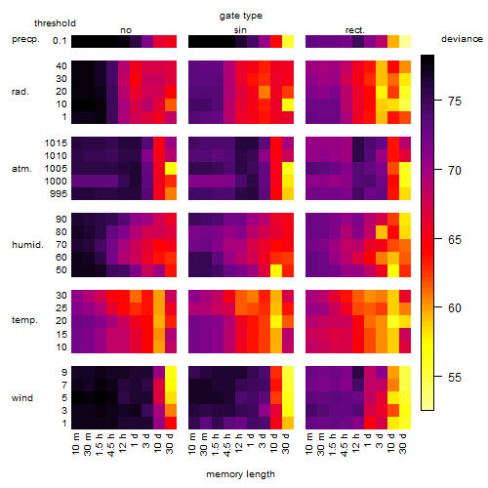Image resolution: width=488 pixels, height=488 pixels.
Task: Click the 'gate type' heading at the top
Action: click(241, 16)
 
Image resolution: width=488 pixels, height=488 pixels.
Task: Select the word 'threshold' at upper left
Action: click(55, 23)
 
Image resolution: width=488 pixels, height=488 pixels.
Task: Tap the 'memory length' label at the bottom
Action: click(240, 474)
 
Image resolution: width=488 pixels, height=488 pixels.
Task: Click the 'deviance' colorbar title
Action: click(462, 39)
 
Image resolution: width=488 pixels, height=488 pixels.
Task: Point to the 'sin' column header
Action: click(240, 30)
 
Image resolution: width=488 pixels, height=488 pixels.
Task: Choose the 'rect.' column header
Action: click(354, 30)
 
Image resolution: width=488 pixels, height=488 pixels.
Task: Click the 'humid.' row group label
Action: click(27, 244)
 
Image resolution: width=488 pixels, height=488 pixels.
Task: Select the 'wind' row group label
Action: click(22, 398)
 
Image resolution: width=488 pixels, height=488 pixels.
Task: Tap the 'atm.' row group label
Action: click(21, 169)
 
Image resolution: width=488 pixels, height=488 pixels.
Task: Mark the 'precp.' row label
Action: click(25, 39)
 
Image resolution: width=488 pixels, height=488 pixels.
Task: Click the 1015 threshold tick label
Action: click(56, 143)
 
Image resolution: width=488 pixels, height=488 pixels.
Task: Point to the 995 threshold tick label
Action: click(59, 194)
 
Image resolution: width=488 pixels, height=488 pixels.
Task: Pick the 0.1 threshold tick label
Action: click(60, 41)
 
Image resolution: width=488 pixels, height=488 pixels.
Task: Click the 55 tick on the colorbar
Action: click(455, 378)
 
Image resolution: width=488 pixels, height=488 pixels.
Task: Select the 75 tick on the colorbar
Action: click(455, 102)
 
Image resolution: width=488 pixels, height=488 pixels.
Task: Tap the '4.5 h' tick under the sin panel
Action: click(227, 445)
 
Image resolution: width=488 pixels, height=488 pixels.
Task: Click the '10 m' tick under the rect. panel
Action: click(309, 443)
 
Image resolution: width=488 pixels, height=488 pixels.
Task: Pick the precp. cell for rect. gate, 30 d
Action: click(405, 42)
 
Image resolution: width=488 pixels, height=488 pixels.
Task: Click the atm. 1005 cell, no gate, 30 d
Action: click(171, 169)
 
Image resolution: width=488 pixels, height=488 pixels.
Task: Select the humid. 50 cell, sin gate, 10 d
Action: click(276, 270)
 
